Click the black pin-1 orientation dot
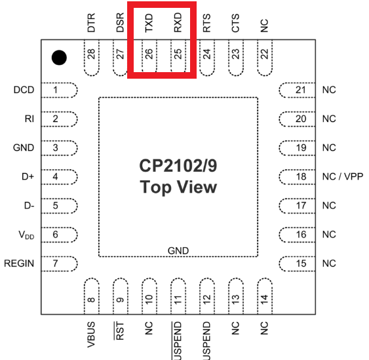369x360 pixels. click(59, 58)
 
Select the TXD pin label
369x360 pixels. click(149, 23)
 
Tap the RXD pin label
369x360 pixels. click(178, 22)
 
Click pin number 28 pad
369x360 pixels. click(92, 58)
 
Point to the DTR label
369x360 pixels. click(91, 22)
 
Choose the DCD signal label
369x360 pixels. click(24, 90)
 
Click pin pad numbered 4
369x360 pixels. click(60, 177)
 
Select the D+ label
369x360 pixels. click(28, 176)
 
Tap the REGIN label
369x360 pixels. click(19, 264)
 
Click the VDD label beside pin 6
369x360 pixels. click(26, 235)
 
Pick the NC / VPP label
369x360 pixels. click(343, 176)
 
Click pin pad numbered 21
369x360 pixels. click(297, 90)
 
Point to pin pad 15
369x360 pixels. click(297, 264)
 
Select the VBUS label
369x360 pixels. click(91, 334)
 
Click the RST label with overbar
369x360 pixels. click(119, 330)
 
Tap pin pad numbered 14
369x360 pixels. click(265, 296)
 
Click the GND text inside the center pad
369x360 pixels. click(178, 250)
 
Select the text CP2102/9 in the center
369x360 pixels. click(178, 166)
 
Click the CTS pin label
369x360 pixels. click(235, 23)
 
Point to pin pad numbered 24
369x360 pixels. click(207, 58)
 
